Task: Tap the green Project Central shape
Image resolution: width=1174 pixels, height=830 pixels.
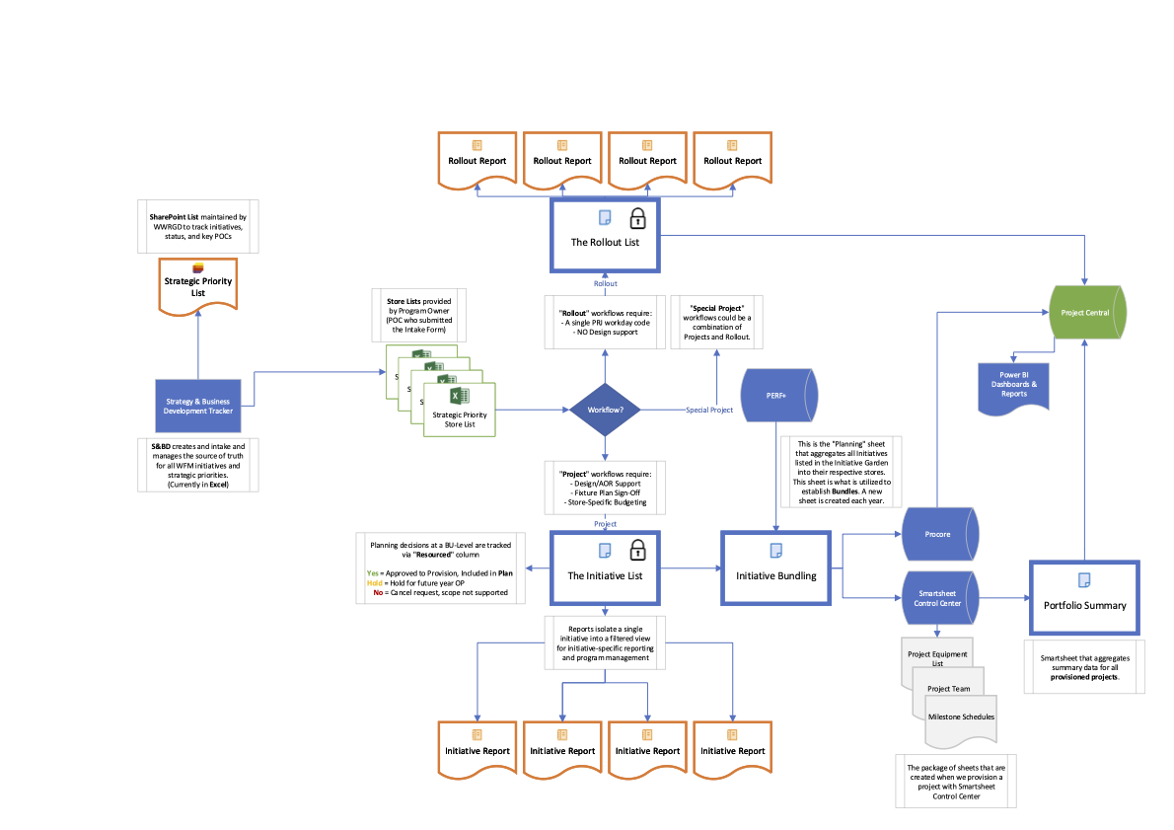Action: (1085, 313)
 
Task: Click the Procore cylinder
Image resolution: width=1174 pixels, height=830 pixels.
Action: (938, 534)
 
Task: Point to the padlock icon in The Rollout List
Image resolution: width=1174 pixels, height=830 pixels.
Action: (638, 217)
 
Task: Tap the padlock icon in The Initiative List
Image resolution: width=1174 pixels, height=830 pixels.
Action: (638, 550)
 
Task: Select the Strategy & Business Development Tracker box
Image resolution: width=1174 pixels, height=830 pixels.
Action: (198, 405)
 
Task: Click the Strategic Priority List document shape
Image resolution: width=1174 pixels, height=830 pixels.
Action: (198, 286)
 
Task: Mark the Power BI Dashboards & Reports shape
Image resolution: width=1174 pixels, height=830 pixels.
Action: (1013, 387)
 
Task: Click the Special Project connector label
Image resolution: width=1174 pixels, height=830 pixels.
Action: (709, 410)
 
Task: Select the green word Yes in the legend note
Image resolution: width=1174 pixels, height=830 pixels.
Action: (372, 572)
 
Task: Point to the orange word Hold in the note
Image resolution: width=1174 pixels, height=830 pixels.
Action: (373, 582)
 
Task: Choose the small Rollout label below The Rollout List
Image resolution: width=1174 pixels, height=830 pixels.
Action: (606, 284)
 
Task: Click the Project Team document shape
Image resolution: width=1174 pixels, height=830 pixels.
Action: (949, 689)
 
